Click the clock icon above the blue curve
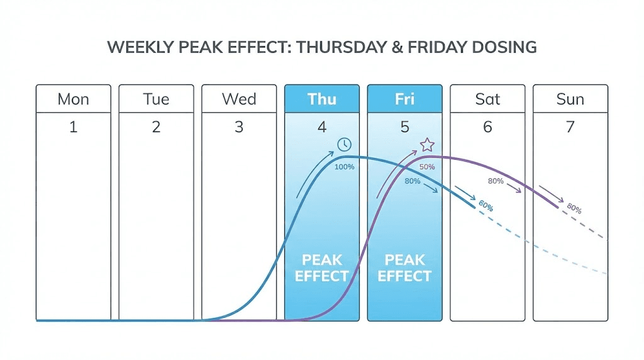[344, 145]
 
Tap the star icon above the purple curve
[427, 145]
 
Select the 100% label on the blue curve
[344, 167]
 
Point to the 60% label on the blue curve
[485, 206]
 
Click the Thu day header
[321, 99]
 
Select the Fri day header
[404, 99]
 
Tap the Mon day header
[74, 99]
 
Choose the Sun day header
[570, 99]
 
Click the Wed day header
[239, 99]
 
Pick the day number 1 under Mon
[74, 127]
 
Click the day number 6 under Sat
[487, 127]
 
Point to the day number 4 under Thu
[322, 127]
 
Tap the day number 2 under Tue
[156, 127]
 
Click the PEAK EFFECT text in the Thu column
[321, 268]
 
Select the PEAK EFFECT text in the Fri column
[404, 268]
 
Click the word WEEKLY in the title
[139, 48]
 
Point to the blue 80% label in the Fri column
[413, 182]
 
